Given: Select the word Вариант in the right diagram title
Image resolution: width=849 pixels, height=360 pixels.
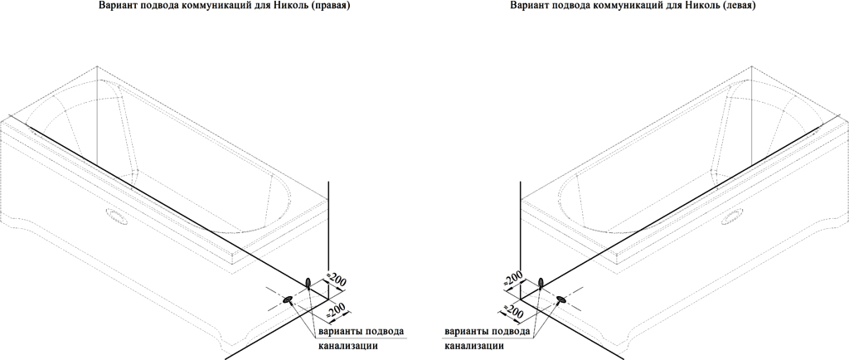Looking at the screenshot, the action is (526, 6).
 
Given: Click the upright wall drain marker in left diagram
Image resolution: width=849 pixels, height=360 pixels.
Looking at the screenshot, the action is (308, 283).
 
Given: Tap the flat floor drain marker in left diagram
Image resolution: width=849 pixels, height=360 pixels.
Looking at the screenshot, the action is (288, 299).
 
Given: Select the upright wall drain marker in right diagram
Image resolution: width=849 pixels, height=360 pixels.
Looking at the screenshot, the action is (541, 283).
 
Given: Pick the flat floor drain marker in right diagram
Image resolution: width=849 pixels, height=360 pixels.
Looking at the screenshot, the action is (561, 299).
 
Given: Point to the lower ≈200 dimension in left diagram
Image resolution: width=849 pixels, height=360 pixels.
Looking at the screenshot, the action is (337, 310).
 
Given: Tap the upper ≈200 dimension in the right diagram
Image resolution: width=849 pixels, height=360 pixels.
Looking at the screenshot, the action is (513, 278).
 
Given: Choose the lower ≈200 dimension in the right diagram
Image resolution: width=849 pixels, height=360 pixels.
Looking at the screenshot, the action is (512, 309).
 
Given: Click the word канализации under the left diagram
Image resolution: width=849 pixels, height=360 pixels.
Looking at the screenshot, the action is (347, 346).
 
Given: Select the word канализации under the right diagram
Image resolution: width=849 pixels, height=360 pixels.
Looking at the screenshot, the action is (474, 346).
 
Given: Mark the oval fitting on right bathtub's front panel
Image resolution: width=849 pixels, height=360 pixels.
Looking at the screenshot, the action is (732, 217).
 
